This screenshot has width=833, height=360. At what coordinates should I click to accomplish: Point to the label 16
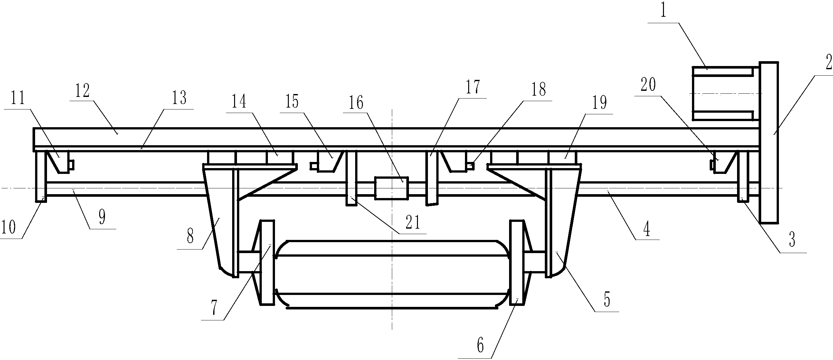click(356, 102)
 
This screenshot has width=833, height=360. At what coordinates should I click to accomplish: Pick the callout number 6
click(480, 346)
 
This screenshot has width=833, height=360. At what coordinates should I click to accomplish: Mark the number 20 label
click(648, 84)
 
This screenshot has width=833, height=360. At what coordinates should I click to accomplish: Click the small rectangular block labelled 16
click(392, 188)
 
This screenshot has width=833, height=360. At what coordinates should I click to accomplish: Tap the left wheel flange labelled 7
click(267, 262)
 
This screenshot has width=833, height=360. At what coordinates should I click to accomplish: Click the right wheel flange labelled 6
click(517, 262)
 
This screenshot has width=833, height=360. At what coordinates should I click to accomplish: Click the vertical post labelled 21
click(352, 178)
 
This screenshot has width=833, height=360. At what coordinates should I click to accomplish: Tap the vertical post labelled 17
click(432, 178)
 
